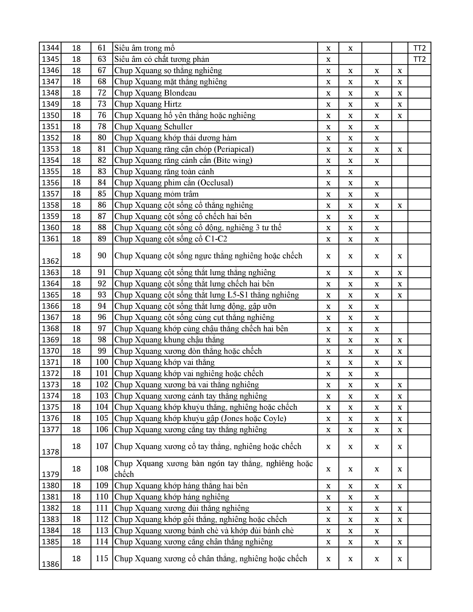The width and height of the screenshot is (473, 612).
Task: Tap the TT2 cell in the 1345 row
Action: [x=419, y=59]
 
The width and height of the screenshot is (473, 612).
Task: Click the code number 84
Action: [x=102, y=182]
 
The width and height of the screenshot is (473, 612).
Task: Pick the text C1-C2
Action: [x=216, y=239]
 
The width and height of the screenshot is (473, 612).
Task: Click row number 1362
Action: [x=50, y=261]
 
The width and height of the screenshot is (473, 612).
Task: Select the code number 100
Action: [x=102, y=362]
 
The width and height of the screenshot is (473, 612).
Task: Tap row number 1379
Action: [x=50, y=474]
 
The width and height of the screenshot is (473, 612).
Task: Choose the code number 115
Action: [x=102, y=558]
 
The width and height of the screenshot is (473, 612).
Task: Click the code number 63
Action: [x=102, y=59]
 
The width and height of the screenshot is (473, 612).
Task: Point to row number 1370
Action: [x=50, y=351]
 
